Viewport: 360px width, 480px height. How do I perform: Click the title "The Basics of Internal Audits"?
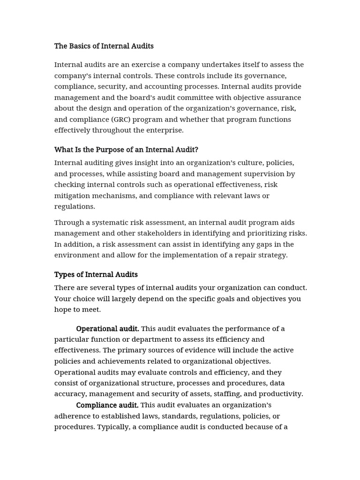tap(104, 46)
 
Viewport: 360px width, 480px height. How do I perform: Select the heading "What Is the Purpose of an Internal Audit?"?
tap(126, 150)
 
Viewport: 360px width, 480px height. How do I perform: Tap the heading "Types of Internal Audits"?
tap(96, 275)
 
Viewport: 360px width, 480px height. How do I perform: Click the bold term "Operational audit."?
tap(107, 329)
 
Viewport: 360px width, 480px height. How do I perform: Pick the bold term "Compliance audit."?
tap(107, 405)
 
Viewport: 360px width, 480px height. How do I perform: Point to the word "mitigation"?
tap(74, 195)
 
